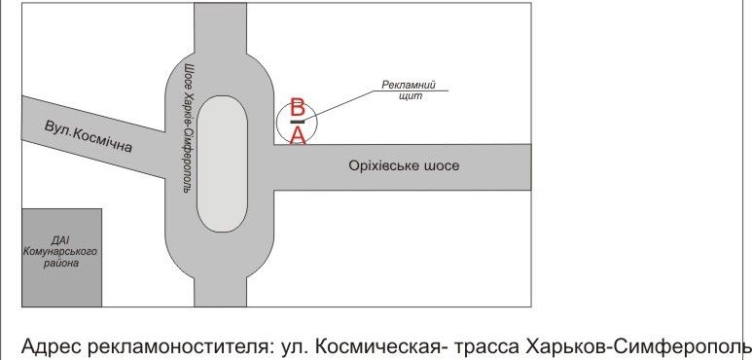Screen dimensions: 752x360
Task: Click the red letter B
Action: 298,108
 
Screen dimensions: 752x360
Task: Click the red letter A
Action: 298,135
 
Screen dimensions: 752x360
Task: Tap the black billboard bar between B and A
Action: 298,122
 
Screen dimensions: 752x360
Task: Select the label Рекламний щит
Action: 410,90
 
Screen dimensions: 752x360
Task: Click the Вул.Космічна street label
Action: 89,136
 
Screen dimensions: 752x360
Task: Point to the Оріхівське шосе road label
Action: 404,165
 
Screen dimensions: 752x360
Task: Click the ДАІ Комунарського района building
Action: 62,258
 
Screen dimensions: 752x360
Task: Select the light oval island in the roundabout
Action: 222,163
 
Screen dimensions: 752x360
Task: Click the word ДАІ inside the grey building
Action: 60,241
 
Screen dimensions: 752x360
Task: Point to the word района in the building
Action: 61,263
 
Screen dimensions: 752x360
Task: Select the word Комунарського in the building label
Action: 60,253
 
